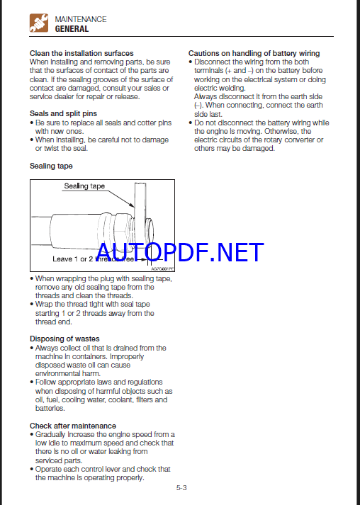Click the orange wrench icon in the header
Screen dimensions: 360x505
[39, 23]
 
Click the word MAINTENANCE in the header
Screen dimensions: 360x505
[81, 19]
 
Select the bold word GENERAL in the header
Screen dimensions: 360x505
[72, 29]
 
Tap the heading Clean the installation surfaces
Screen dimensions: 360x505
[81, 53]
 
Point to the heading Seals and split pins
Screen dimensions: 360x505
[63, 113]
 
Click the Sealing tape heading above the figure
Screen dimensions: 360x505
[51, 166]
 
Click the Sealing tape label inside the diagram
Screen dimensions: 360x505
[84, 186]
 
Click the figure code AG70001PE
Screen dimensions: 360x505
[162, 268]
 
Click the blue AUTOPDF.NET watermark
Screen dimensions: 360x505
[180, 252]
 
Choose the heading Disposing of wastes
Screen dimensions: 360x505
[64, 339]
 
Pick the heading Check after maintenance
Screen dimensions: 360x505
[73, 426]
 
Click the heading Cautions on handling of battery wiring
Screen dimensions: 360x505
[254, 53]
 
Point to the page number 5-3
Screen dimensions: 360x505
[181, 487]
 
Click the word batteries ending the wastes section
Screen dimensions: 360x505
[50, 409]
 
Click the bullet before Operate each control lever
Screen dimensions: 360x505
[32, 470]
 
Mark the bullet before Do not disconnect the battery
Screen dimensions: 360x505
[191, 123]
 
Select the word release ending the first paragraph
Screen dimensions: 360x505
[128, 96]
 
